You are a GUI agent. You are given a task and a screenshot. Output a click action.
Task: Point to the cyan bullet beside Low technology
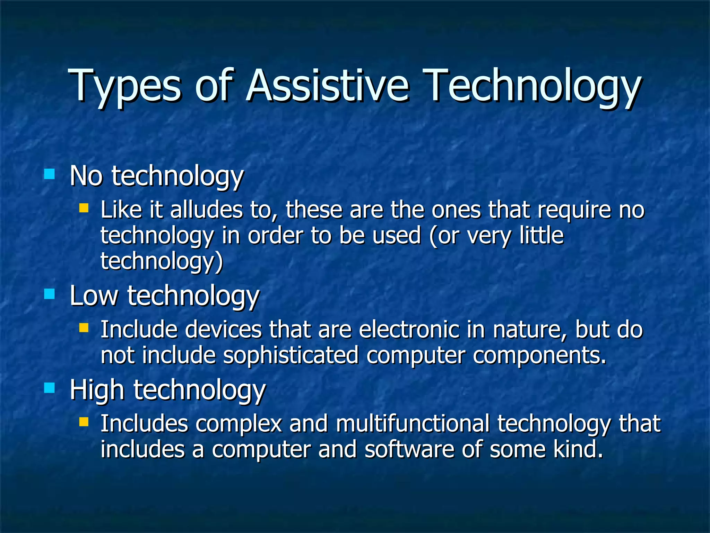pyautogui.click(x=50, y=294)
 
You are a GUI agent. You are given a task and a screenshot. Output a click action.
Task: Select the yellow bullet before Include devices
pyautogui.click(x=84, y=328)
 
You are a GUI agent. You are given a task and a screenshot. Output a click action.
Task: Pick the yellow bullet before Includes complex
pyautogui.click(x=84, y=422)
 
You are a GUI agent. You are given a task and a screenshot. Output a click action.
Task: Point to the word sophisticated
pyautogui.click(x=291, y=355)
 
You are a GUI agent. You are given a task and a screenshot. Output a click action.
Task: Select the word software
pyautogui.click(x=409, y=449)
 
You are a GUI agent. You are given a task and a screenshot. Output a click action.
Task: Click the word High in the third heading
pyautogui.click(x=97, y=390)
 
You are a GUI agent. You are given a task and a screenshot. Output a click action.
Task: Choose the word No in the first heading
pyautogui.click(x=86, y=176)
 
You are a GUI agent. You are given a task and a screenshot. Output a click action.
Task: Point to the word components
pyautogui.click(x=539, y=356)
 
